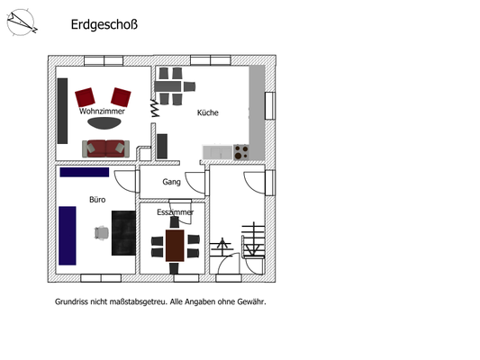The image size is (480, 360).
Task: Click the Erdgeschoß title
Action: point(104,25)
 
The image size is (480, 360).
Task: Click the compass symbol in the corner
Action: point(22,23)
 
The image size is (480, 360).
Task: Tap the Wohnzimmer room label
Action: point(102,111)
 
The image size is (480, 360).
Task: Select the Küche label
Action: point(208,112)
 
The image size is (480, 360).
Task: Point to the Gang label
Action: point(171,182)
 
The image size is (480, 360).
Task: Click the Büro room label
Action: point(97,199)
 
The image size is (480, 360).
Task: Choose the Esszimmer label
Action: point(175,212)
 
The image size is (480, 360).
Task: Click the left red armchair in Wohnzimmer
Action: point(86,95)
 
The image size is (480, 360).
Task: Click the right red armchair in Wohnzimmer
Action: point(121,95)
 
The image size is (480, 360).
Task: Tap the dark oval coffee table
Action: point(103,124)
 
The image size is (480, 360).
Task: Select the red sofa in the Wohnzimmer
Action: point(106,148)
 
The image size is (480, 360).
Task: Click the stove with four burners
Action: point(240,152)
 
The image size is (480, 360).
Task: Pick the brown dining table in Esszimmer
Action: point(175,245)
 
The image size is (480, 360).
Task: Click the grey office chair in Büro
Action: point(101,232)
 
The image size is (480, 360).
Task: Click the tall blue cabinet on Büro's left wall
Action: point(67,236)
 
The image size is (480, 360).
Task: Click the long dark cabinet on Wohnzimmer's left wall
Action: point(63,109)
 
